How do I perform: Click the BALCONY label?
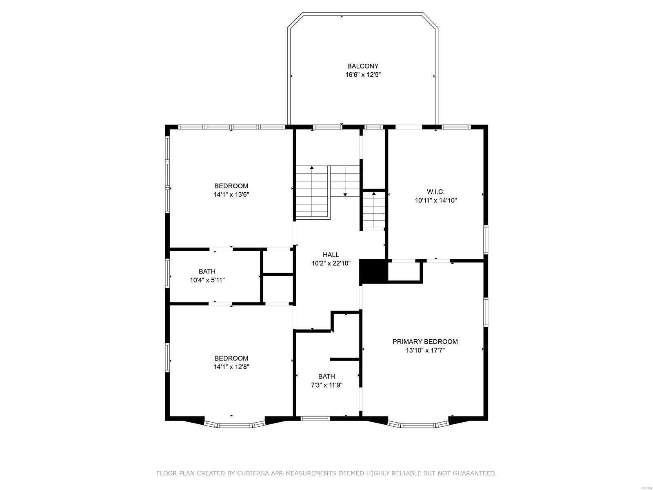coord(363,66)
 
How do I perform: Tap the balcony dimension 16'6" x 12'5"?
coord(363,75)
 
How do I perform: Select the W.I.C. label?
coord(435,192)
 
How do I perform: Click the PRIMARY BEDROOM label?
coord(425,341)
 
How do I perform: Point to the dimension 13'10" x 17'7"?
coord(425,350)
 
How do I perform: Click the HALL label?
coord(331,255)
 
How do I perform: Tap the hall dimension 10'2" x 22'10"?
coord(331,264)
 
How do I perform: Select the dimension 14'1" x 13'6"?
coord(231,195)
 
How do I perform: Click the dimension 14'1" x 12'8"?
coord(231,367)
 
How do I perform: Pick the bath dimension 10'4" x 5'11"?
coord(207,280)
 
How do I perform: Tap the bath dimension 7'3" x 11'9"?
coord(326,385)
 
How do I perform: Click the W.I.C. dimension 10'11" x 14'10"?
coord(435,200)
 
